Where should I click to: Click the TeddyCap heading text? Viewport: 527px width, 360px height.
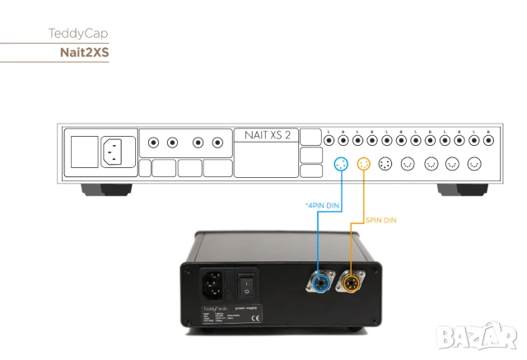coord(78,35)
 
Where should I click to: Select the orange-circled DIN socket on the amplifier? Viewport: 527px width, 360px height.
coord(363,164)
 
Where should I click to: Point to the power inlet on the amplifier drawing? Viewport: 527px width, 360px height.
coord(114,151)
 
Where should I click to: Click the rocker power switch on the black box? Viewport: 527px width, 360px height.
coord(247,286)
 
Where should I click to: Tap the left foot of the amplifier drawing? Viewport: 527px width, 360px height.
coord(105,189)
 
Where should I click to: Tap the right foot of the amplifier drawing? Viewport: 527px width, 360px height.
coord(461,189)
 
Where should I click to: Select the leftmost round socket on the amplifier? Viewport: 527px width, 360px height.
coord(154,143)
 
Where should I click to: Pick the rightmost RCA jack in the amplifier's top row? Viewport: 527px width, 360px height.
coord(487,142)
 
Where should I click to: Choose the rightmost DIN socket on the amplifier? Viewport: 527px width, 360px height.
coord(473,164)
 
